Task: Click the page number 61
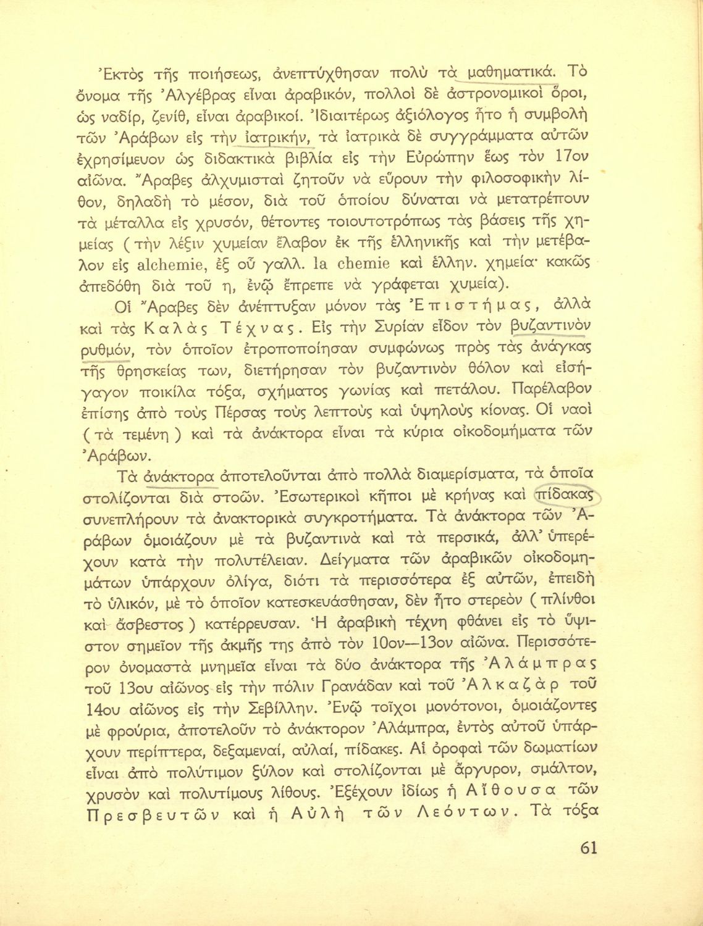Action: click(x=589, y=848)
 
